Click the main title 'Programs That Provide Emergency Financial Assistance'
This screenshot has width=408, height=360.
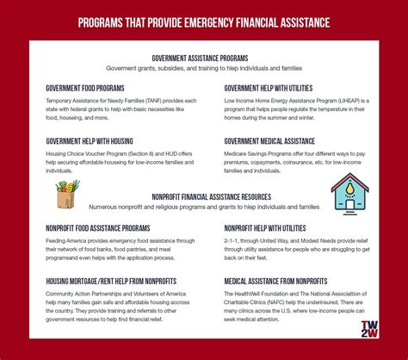point(204,21)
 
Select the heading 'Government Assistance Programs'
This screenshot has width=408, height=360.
point(204,58)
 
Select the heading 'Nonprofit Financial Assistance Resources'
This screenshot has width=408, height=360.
point(204,196)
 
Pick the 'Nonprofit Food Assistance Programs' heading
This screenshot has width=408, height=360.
point(99,228)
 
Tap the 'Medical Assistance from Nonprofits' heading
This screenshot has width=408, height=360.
point(275,280)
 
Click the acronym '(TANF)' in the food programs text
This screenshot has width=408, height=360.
point(147,101)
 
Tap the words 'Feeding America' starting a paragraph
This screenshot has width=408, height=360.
point(65,241)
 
